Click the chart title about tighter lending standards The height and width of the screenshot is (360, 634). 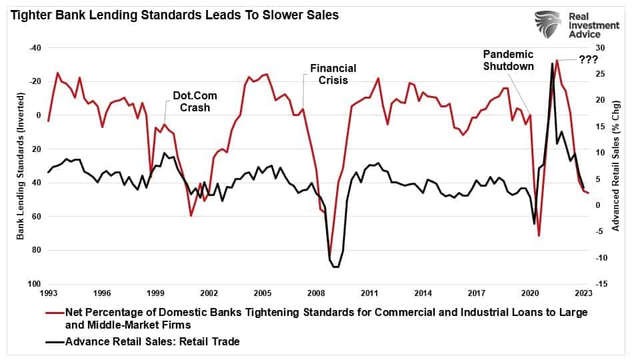click(x=173, y=15)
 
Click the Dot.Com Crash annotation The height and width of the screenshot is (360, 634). click(x=191, y=101)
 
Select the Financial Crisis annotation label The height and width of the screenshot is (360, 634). click(x=333, y=74)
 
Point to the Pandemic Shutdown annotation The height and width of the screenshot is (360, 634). click(x=509, y=60)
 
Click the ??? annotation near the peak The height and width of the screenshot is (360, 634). click(x=588, y=59)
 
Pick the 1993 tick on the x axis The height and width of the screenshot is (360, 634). click(x=48, y=293)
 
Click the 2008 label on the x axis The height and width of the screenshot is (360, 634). click(x=316, y=293)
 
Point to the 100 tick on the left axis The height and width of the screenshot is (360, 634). click(x=33, y=284)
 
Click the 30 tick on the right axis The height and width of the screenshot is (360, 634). click(x=600, y=48)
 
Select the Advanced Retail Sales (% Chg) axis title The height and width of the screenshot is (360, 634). click(x=615, y=166)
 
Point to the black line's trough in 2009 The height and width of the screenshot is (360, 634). click(x=335, y=267)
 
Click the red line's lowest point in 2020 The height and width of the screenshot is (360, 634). click(x=539, y=235)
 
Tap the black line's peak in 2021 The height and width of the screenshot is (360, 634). click(x=552, y=63)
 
